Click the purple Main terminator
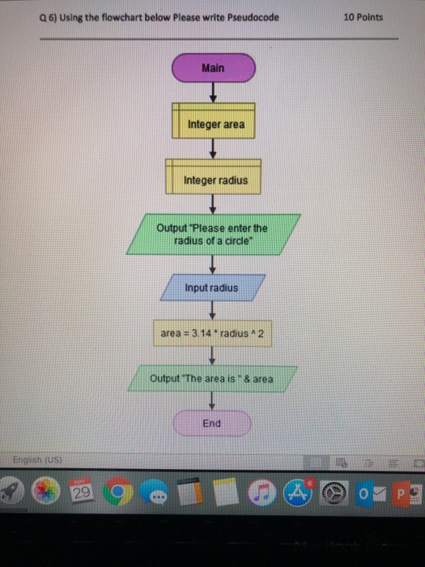213,69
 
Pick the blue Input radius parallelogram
211,288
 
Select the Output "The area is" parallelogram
211,378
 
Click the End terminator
212,423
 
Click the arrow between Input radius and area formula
212,310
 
